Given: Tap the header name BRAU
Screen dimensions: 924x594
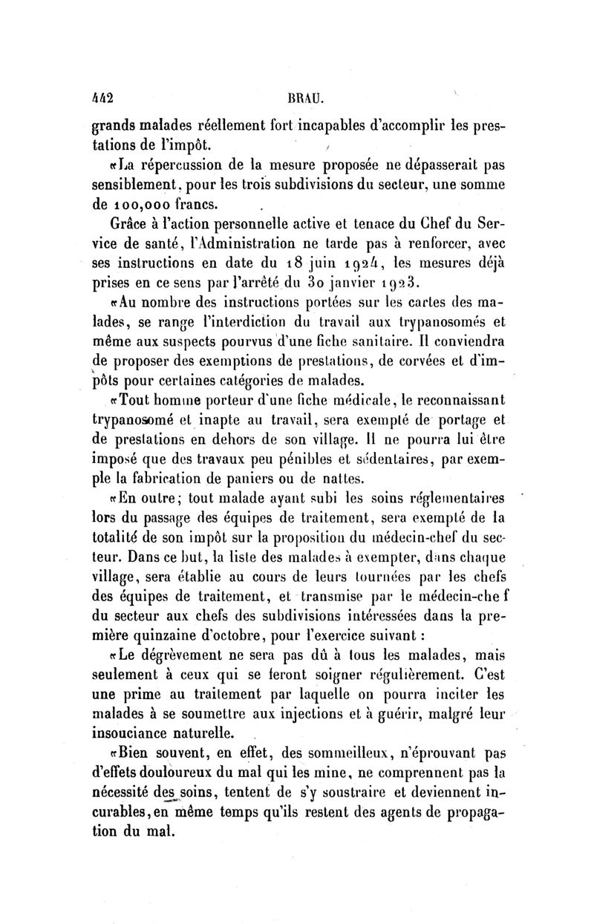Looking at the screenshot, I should click(x=298, y=96).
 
